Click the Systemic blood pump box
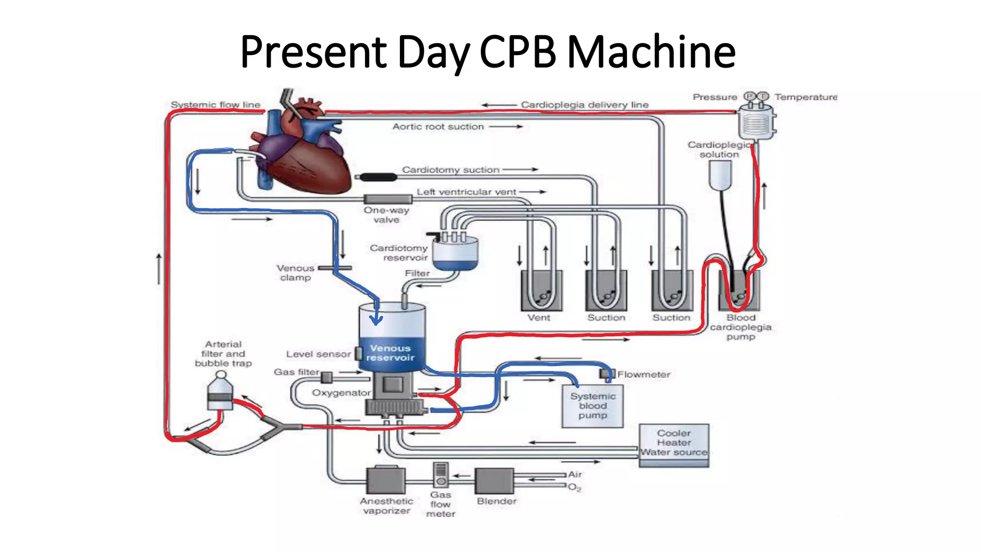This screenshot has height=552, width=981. coord(593,406)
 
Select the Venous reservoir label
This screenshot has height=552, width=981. coord(390,353)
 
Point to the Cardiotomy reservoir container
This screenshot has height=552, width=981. coord(455,254)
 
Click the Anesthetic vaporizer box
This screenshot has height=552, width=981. coord(386,480)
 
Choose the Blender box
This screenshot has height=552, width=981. coord(494,481)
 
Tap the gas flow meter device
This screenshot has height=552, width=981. coord(440,474)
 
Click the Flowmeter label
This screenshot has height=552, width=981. coord(643,374)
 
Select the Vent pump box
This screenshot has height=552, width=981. coord(541,290)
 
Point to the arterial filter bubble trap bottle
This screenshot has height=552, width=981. coord(220,392)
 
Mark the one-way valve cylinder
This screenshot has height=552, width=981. coord(388,199)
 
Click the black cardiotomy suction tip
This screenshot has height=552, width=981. coord(378,177)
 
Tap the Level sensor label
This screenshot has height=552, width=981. coord(319,354)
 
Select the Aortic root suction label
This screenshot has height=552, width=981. coord(438,126)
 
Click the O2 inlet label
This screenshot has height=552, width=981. coord(574,487)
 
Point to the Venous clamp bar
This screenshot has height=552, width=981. coord(335,268)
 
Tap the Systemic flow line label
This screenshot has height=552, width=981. coord(216,104)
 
